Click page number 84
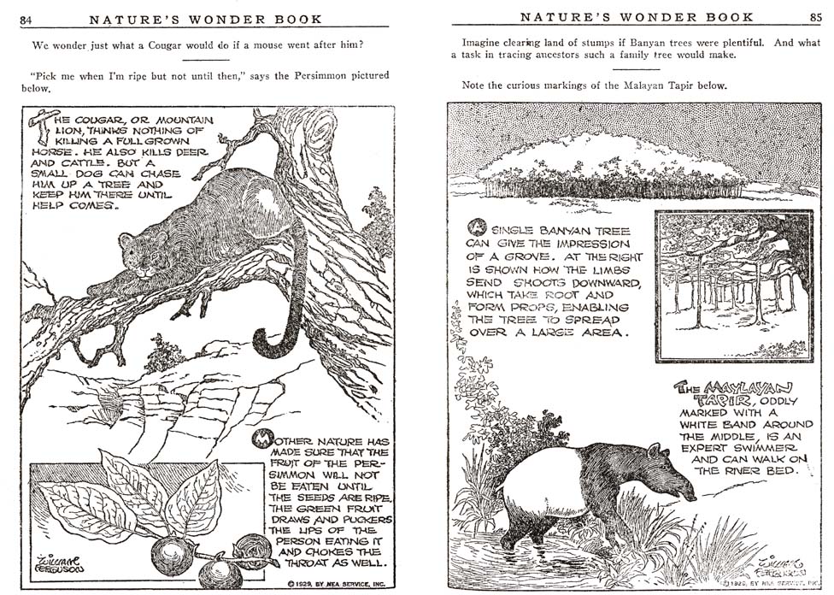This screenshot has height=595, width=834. (26, 20)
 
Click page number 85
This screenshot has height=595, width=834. (816, 17)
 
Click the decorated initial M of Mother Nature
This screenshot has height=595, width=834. (261, 439)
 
